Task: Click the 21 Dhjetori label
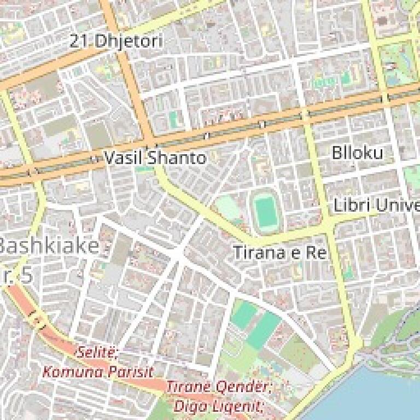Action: coord(116,41)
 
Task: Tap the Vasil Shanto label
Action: coord(155,158)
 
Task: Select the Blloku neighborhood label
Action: coord(358,153)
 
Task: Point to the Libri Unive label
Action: coord(377,206)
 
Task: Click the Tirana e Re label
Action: coord(279,253)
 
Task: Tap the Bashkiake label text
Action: coord(49,246)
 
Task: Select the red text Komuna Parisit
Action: coord(98,372)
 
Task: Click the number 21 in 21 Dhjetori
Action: coord(80,41)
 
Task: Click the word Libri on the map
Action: coord(350,206)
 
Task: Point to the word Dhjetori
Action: coord(129,41)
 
